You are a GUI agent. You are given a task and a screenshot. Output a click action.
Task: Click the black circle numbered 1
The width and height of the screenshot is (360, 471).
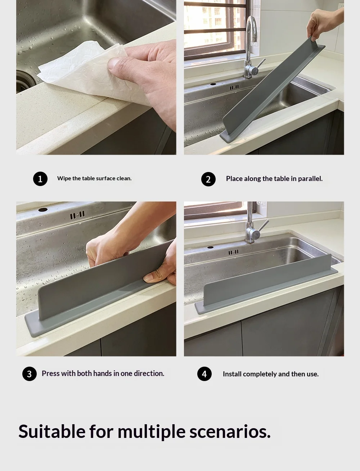[x=40, y=179]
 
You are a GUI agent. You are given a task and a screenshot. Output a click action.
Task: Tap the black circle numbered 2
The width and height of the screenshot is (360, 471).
[x=208, y=179]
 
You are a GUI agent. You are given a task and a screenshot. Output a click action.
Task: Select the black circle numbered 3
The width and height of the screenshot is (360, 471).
[x=30, y=374]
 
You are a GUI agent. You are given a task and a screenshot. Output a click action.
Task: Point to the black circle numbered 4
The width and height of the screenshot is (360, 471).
[x=204, y=374]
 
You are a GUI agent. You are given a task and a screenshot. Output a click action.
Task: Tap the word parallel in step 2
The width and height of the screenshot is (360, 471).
[x=310, y=178]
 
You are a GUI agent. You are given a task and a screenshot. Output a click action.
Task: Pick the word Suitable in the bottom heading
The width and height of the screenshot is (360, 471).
[x=52, y=431]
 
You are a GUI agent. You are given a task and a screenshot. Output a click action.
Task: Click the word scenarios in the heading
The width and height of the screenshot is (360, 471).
[x=230, y=432]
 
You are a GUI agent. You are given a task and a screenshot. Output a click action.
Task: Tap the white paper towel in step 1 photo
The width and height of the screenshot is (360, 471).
[x=86, y=71]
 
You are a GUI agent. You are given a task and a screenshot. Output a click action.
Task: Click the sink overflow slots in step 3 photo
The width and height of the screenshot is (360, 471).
[x=77, y=215]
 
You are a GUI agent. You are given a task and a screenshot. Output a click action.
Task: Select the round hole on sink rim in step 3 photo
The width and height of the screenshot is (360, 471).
[x=43, y=210]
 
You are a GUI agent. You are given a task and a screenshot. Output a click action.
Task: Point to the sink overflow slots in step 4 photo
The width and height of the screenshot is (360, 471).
[x=233, y=252]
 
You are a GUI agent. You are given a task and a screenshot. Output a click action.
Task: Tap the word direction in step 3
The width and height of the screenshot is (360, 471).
[x=149, y=373]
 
